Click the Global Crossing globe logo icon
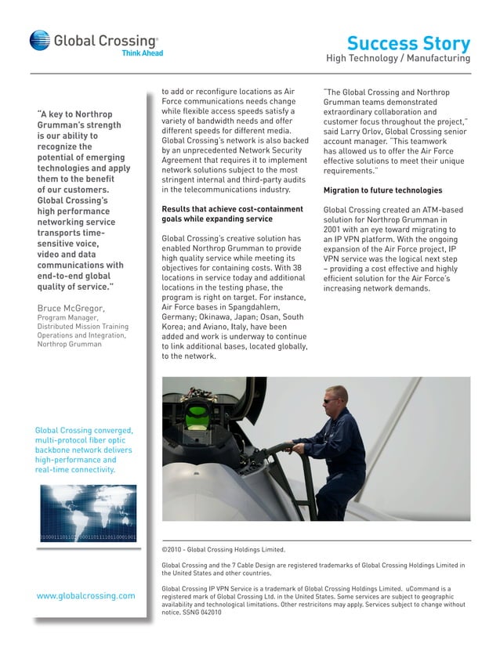39,40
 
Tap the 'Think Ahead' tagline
142,53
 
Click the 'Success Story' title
408,43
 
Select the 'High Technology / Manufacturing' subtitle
398,59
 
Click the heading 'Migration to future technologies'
382,190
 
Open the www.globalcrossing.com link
85,595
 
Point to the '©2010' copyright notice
172,550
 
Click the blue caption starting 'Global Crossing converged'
85,450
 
